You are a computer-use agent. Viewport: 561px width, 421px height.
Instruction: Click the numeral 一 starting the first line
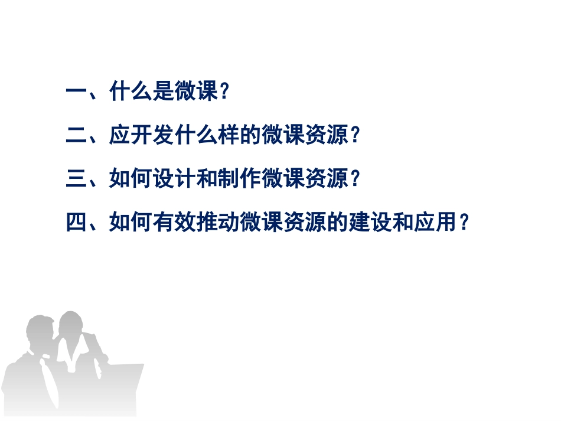coord(76,92)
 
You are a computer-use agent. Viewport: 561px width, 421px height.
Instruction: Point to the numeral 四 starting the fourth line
coord(76,223)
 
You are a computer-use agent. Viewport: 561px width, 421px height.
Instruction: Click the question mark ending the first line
coord(224,93)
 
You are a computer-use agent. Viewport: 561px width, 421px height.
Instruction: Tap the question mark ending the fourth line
coord(464,223)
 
